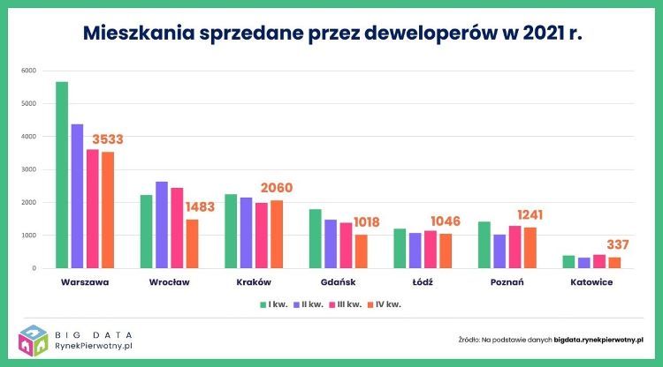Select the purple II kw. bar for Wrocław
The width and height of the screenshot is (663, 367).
162,224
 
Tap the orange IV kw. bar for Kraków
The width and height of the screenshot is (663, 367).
277,234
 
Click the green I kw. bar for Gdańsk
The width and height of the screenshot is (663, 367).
316,238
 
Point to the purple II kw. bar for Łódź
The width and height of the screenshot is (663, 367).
415,250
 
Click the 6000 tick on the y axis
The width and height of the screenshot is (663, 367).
29,71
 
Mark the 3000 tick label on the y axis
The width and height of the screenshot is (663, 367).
29,169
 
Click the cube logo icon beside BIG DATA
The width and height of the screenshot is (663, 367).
33,341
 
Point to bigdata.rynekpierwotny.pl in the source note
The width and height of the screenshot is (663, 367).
598,339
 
